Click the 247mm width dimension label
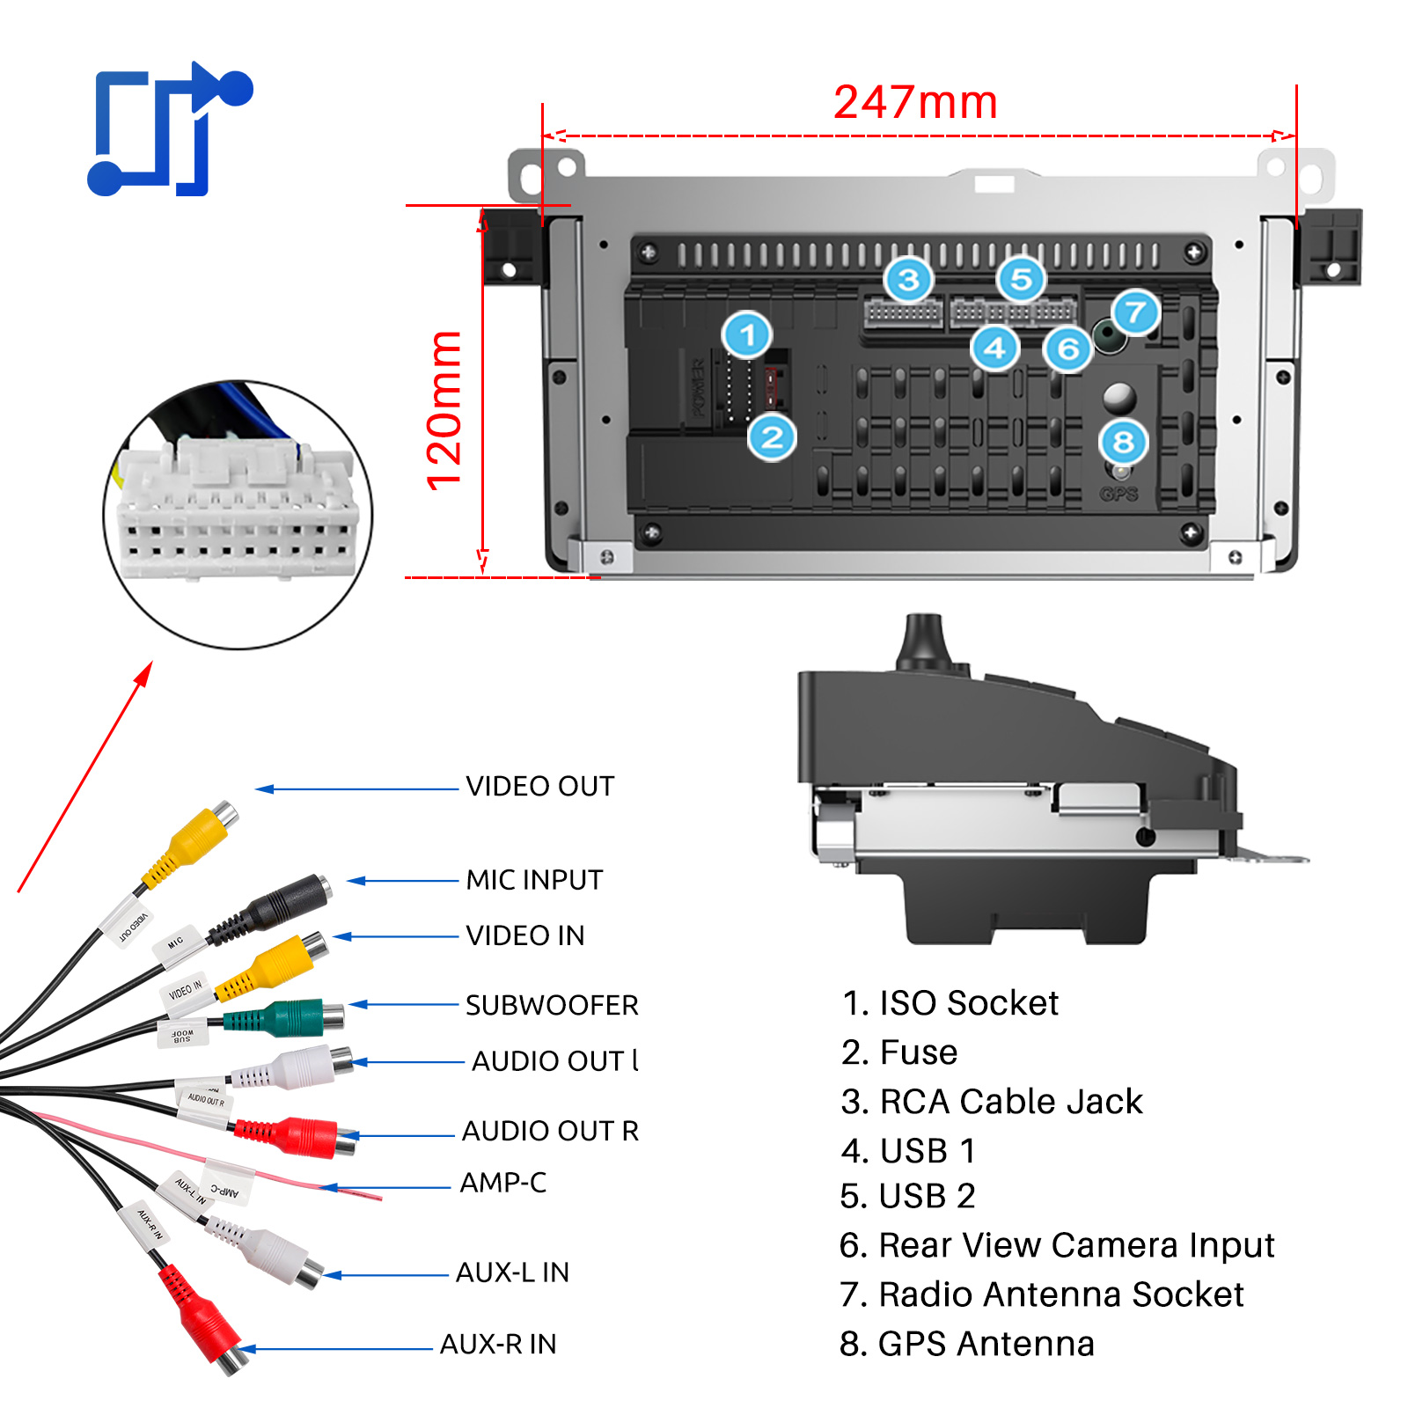click(915, 102)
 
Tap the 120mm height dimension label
click(444, 410)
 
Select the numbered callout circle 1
click(747, 335)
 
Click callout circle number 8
click(1123, 442)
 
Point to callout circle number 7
click(1135, 312)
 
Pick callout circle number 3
click(908, 280)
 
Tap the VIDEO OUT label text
click(539, 786)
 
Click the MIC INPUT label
click(534, 880)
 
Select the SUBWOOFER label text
click(552, 1005)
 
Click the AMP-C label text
click(502, 1183)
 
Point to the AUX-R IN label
click(498, 1345)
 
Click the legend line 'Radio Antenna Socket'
click(1042, 1294)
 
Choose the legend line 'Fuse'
click(899, 1052)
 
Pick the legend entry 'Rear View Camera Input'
click(1057, 1245)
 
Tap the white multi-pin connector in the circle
click(238, 510)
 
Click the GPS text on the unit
click(1118, 494)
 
